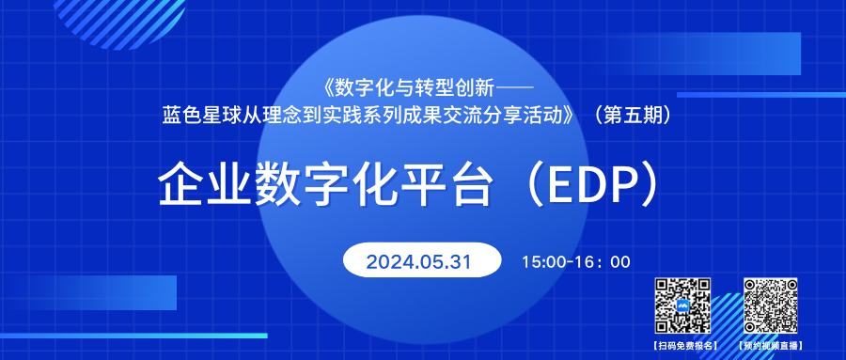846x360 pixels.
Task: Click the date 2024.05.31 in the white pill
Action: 418,260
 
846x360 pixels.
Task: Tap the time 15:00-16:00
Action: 576,261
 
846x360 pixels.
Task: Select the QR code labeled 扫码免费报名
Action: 682,307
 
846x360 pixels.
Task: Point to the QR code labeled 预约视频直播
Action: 771,307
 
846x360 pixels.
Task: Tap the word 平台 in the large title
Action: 451,184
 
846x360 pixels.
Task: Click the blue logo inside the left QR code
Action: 682,307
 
